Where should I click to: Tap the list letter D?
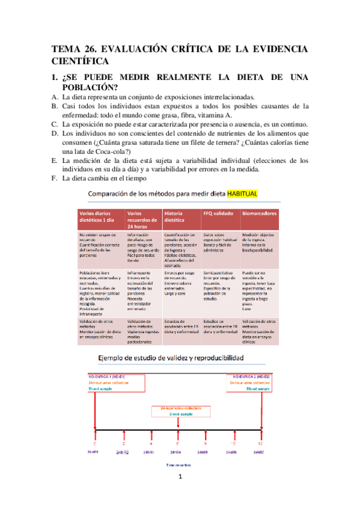pyautogui.click(x=55, y=133)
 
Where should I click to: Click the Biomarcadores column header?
pyautogui.click(x=260, y=213)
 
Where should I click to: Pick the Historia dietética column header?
pyautogui.click(x=180, y=217)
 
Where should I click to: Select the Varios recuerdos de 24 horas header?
pyautogui.click(x=142, y=217)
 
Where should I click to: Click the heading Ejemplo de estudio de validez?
pyautogui.click(x=171, y=358)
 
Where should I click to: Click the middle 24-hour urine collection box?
pyautogui.click(x=178, y=412)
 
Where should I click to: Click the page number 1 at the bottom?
pyautogui.click(x=180, y=478)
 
